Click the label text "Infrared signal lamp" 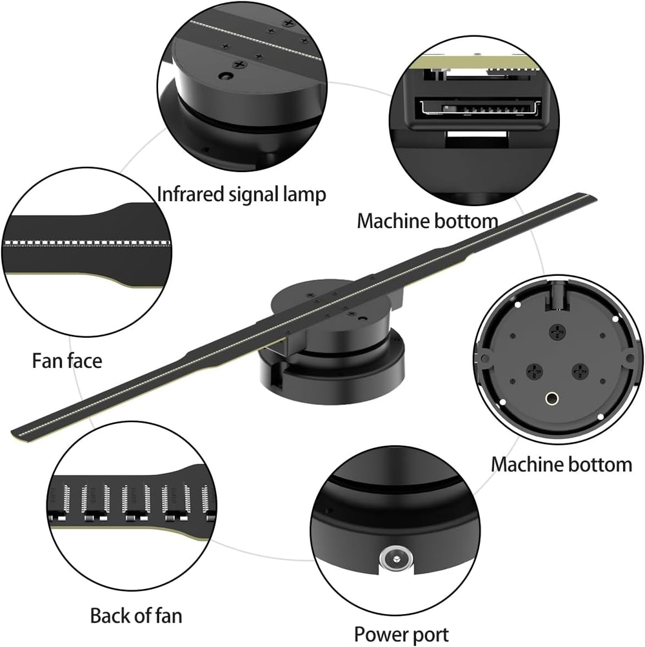[x=242, y=194]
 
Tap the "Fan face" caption [x=67, y=360]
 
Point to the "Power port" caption [x=402, y=633]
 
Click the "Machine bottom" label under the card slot [x=428, y=221]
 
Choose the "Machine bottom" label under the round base [x=561, y=464]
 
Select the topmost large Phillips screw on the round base [x=556, y=332]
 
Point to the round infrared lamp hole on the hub [x=225, y=76]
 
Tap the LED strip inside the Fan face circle [x=87, y=244]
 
